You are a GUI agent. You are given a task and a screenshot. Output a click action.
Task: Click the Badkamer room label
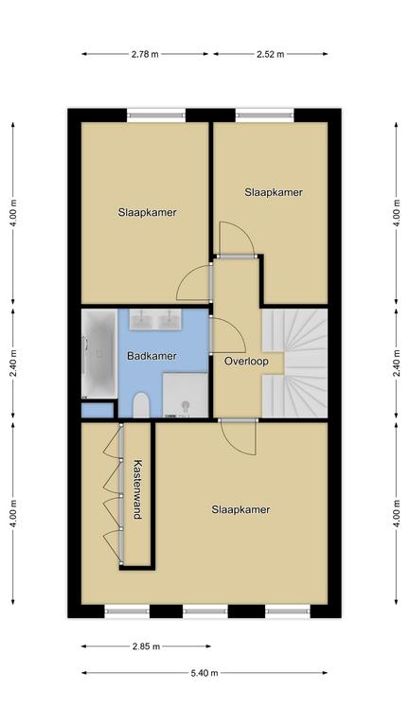151,356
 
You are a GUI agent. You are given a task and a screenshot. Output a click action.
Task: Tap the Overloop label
246,362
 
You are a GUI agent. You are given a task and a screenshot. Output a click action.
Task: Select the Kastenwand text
137,489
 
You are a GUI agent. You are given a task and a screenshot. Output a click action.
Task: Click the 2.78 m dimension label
145,54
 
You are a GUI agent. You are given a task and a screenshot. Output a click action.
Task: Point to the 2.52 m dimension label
271,54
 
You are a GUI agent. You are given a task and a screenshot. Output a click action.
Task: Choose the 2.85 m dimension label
146,647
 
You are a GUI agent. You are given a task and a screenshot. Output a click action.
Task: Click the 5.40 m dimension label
204,673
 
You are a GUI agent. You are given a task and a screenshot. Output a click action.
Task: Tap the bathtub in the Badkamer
99,354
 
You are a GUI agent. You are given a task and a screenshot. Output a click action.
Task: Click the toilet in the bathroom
140,405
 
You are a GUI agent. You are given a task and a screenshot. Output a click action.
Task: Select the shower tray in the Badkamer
186,395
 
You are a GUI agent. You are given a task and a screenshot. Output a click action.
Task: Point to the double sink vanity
155,319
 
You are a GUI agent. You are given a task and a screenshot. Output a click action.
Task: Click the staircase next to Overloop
295,363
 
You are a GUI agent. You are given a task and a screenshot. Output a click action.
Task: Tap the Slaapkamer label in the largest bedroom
240,509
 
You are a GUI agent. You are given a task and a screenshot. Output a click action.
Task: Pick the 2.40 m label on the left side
13,363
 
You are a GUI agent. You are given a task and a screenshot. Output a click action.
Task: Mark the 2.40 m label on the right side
397,363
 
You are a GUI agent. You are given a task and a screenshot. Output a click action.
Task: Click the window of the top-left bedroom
156,115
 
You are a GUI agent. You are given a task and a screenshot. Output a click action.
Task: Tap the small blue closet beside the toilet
98,410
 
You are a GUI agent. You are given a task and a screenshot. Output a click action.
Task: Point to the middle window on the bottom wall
204,612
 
